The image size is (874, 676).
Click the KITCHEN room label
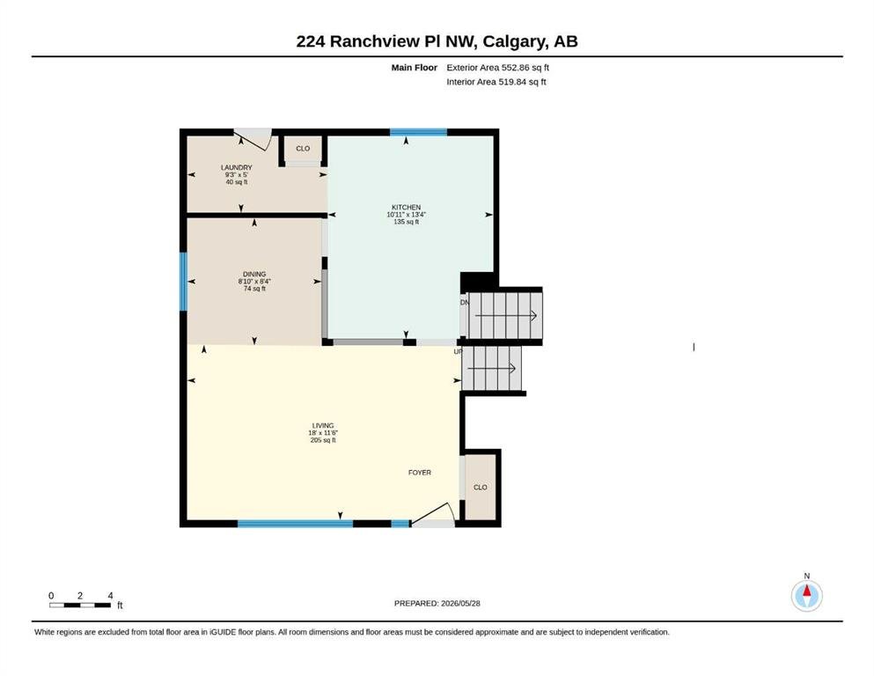tap(406, 208)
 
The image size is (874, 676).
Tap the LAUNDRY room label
tap(237, 167)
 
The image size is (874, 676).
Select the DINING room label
tap(254, 275)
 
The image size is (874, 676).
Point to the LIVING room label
tap(323, 425)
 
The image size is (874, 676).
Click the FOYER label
tap(419, 473)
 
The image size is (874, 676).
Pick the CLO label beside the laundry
tap(303, 148)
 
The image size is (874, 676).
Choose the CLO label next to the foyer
tap(480, 487)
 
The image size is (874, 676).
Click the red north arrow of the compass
tap(806, 591)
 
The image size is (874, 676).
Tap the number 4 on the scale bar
tap(110, 596)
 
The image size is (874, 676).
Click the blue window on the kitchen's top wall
tap(418, 132)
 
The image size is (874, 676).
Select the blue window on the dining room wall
tap(183, 282)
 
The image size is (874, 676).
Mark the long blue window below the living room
tap(296, 524)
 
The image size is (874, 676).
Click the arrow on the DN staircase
tap(505, 316)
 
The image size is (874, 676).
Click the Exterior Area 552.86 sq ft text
tap(498, 68)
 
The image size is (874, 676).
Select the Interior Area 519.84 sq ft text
tap(496, 81)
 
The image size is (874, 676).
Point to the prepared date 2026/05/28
tap(460, 603)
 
